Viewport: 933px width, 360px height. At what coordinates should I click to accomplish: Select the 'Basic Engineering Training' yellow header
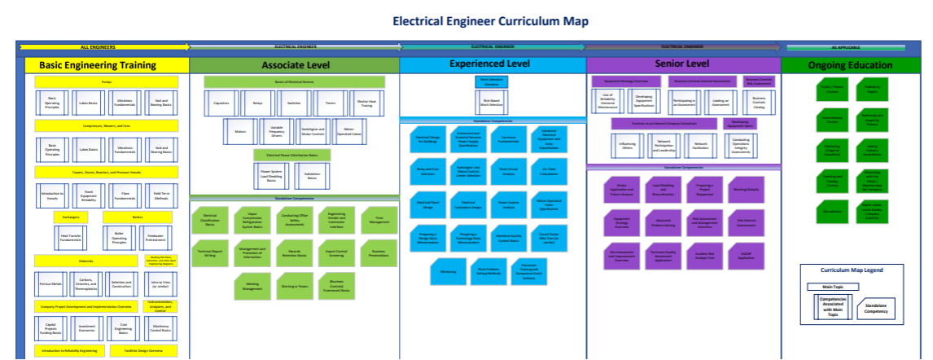click(103, 65)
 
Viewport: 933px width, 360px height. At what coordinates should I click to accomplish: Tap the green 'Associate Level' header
click(293, 65)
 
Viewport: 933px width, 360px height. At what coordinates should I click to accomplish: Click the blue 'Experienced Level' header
click(492, 64)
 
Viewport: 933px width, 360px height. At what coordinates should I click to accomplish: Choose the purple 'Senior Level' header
click(682, 64)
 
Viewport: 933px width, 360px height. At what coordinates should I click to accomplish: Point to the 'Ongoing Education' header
click(856, 65)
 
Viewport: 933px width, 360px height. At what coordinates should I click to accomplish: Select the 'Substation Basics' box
click(312, 174)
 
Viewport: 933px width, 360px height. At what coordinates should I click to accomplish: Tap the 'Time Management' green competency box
click(377, 217)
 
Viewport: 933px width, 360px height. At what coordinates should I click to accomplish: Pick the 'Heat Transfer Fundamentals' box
click(72, 238)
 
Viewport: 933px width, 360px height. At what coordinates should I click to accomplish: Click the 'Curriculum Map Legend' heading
click(852, 270)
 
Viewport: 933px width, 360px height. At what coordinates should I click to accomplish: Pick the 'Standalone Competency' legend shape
click(877, 306)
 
